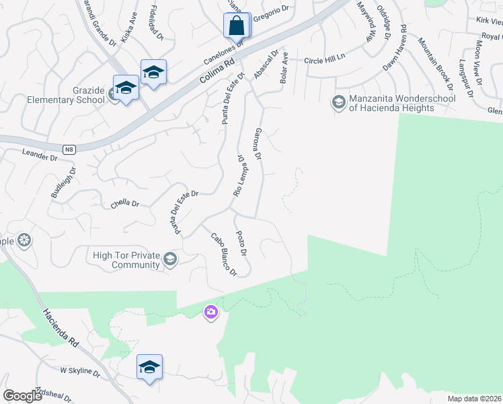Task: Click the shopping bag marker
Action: click(x=236, y=26)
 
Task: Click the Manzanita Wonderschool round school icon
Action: click(x=339, y=103)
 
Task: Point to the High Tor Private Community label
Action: click(x=127, y=260)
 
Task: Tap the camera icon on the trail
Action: click(x=211, y=312)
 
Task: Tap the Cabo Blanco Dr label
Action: click(x=224, y=255)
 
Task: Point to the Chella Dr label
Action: click(x=124, y=203)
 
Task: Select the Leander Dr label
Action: click(x=40, y=156)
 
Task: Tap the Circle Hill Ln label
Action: click(x=324, y=60)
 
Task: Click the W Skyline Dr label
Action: click(x=80, y=371)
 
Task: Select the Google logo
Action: click(x=23, y=396)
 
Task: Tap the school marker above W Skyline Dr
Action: click(x=149, y=368)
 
